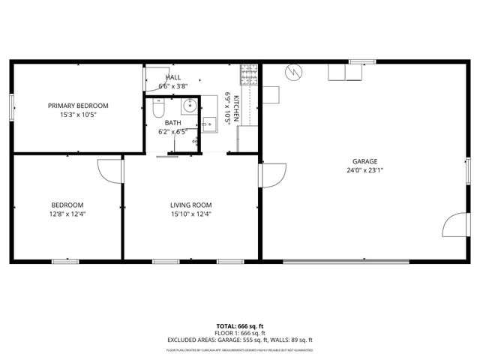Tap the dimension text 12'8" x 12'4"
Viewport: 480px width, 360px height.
point(67,214)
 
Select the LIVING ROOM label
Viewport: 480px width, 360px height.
point(191,205)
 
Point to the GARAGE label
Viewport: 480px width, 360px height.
point(365,161)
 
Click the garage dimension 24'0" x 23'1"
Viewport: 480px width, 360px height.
point(365,170)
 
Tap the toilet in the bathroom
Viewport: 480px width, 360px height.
point(157,109)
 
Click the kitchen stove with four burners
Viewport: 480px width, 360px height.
point(249,73)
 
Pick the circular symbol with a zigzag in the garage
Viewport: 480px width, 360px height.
point(294,72)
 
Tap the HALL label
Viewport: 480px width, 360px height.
point(173,77)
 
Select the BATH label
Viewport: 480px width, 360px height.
point(173,123)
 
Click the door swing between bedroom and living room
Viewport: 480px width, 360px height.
point(110,171)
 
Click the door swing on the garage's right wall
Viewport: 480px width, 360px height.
point(454,224)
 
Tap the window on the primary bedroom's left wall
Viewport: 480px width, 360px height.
point(12,106)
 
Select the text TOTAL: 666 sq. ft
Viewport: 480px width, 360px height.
point(239,326)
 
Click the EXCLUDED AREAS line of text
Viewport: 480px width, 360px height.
point(239,340)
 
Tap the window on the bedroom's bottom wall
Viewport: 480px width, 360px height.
point(65,261)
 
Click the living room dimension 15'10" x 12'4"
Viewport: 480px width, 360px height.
point(191,214)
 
